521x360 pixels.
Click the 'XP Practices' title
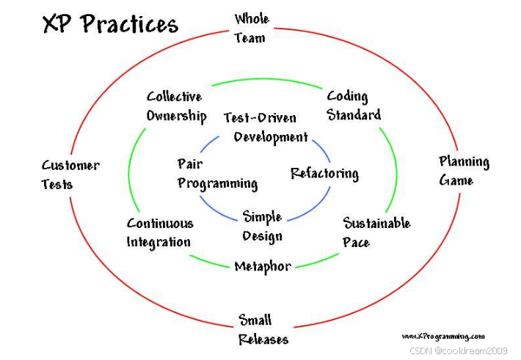pos(110,24)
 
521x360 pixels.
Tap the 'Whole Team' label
pos(251,28)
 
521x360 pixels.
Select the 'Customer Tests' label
pos(70,175)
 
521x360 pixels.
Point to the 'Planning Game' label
pos(464,171)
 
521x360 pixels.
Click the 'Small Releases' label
pos(263,330)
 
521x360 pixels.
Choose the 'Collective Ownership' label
pos(175,106)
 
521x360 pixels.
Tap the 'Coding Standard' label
pos(354,106)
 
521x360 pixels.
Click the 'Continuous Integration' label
pos(160,232)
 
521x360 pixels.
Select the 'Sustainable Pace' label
pos(376,232)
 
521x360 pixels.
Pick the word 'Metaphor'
pos(263,266)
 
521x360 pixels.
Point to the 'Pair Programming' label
pos(216,174)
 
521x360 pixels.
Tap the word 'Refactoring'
pos(324,174)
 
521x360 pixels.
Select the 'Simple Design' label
pos(263,227)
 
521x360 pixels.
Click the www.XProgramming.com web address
pos(443,336)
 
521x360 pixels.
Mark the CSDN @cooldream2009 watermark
pos(458,351)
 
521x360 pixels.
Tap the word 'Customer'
pos(70,166)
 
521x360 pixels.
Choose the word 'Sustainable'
pos(376,224)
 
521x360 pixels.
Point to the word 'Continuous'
pos(160,224)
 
